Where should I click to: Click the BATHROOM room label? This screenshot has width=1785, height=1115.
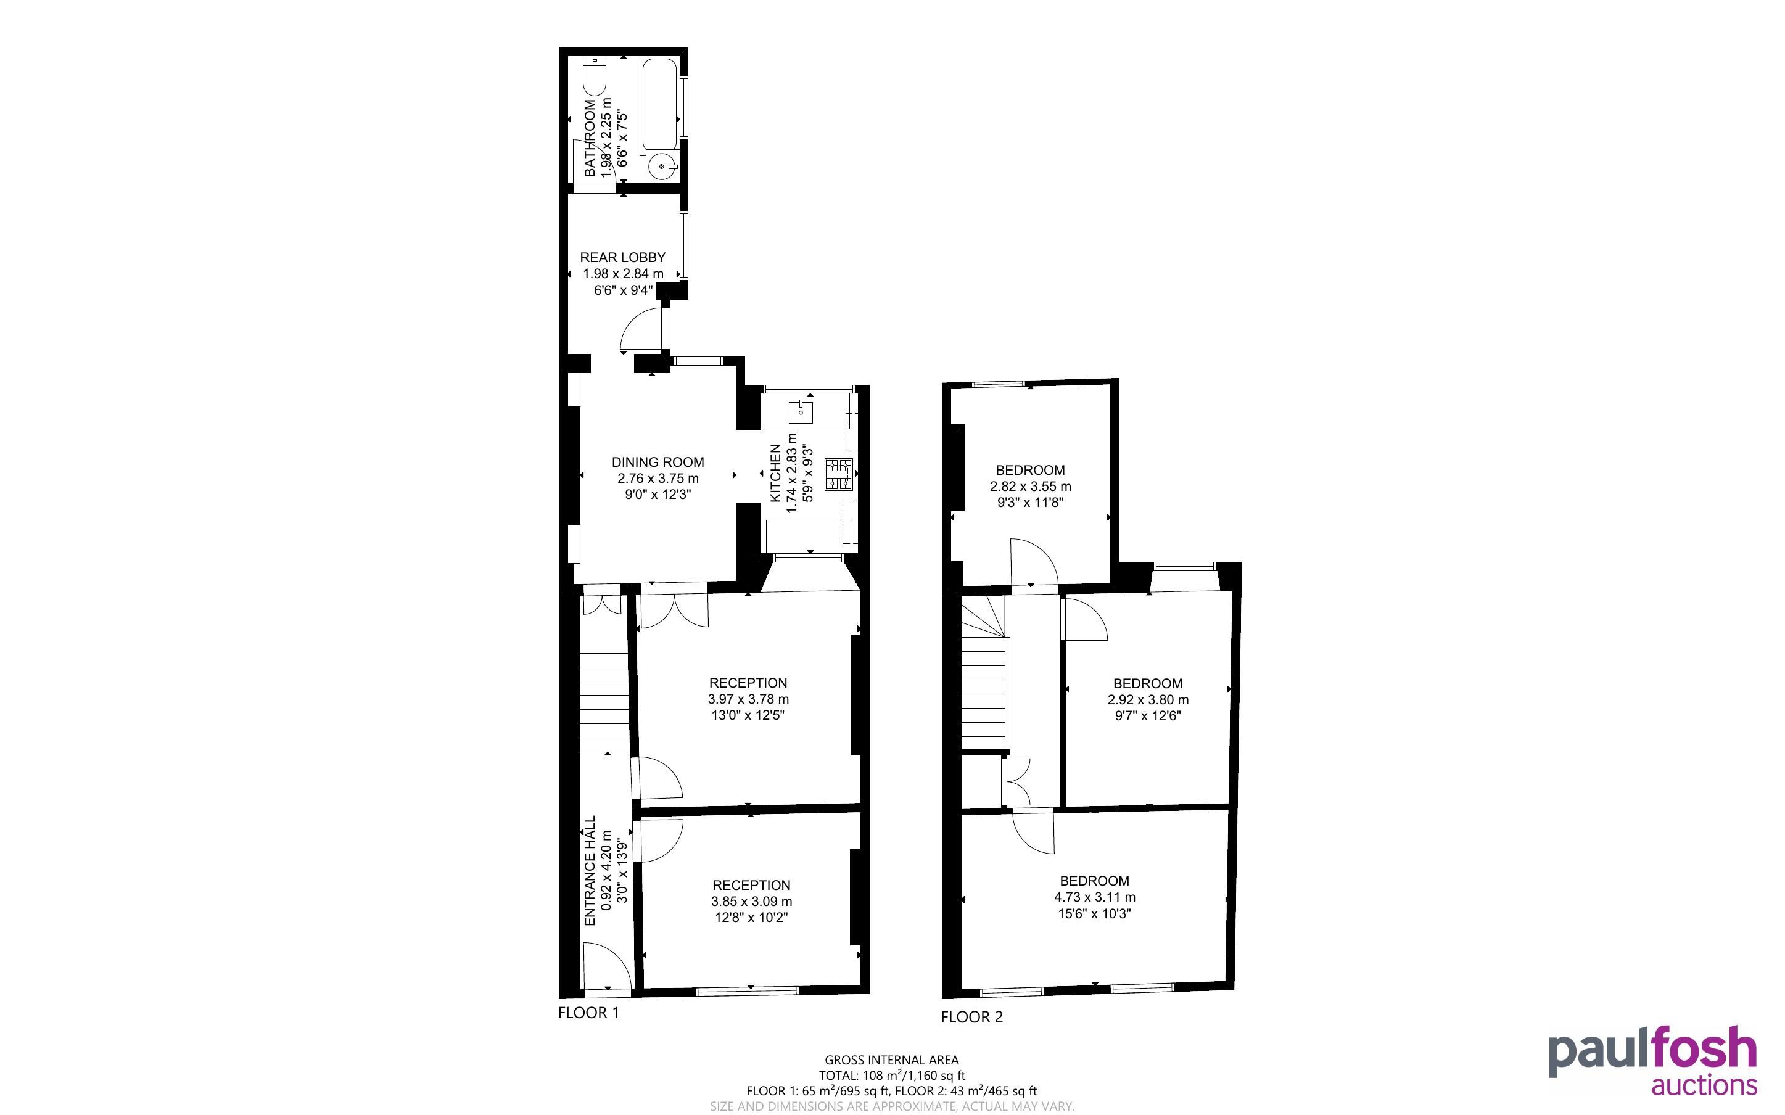coord(590,138)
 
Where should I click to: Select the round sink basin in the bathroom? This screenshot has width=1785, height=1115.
coord(664,167)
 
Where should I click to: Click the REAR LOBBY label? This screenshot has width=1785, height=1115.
coord(623,257)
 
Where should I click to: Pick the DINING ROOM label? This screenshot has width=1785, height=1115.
coord(658,463)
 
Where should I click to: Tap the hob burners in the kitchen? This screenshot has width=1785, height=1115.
coord(839,474)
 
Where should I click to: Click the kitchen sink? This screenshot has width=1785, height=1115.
coord(801,411)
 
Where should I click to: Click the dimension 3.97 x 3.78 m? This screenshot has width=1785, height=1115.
coord(748,699)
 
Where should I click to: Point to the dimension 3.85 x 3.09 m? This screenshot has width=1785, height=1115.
coord(752,901)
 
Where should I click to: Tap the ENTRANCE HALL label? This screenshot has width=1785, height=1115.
coord(590,871)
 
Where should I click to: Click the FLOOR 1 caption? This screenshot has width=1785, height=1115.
coord(588,1013)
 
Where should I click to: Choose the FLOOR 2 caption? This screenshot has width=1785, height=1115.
coord(972,1017)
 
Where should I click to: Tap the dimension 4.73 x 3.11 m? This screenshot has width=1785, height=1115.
coord(1095,897)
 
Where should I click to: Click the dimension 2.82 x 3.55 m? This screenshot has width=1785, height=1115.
coord(1031,487)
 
